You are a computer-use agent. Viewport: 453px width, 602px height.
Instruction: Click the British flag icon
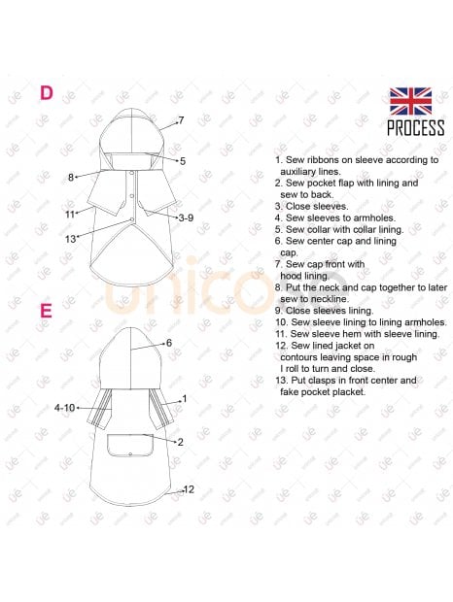coord(410,101)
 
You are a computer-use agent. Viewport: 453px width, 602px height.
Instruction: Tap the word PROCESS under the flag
coord(415,128)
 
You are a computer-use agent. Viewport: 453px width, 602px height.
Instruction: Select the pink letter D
coord(47,93)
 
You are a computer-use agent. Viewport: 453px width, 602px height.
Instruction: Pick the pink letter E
coord(46,311)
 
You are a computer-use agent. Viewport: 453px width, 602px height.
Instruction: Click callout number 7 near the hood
coord(181,120)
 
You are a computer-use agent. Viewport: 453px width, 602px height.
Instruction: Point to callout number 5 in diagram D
coord(183,161)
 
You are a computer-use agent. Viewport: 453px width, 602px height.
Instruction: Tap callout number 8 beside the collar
coord(71,178)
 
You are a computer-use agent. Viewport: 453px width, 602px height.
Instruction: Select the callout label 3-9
coord(186,218)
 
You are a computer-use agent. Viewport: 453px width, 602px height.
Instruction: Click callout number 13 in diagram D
coord(70,239)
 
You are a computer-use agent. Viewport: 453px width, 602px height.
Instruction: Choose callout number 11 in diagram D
coord(70,215)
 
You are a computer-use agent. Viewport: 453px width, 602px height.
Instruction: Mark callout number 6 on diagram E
coord(169,343)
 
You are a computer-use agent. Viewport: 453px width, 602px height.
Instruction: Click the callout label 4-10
coord(64,408)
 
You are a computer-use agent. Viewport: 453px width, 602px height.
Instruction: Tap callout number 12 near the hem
coord(189,489)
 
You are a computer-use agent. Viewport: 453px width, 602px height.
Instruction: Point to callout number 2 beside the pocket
coord(180,443)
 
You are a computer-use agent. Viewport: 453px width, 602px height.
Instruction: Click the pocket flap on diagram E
coord(130,446)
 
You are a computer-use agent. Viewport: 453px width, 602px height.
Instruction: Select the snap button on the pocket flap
coord(130,454)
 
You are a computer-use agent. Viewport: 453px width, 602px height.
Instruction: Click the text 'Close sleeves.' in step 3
coord(317,207)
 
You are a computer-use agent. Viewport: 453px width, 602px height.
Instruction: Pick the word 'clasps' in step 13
coord(323,381)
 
